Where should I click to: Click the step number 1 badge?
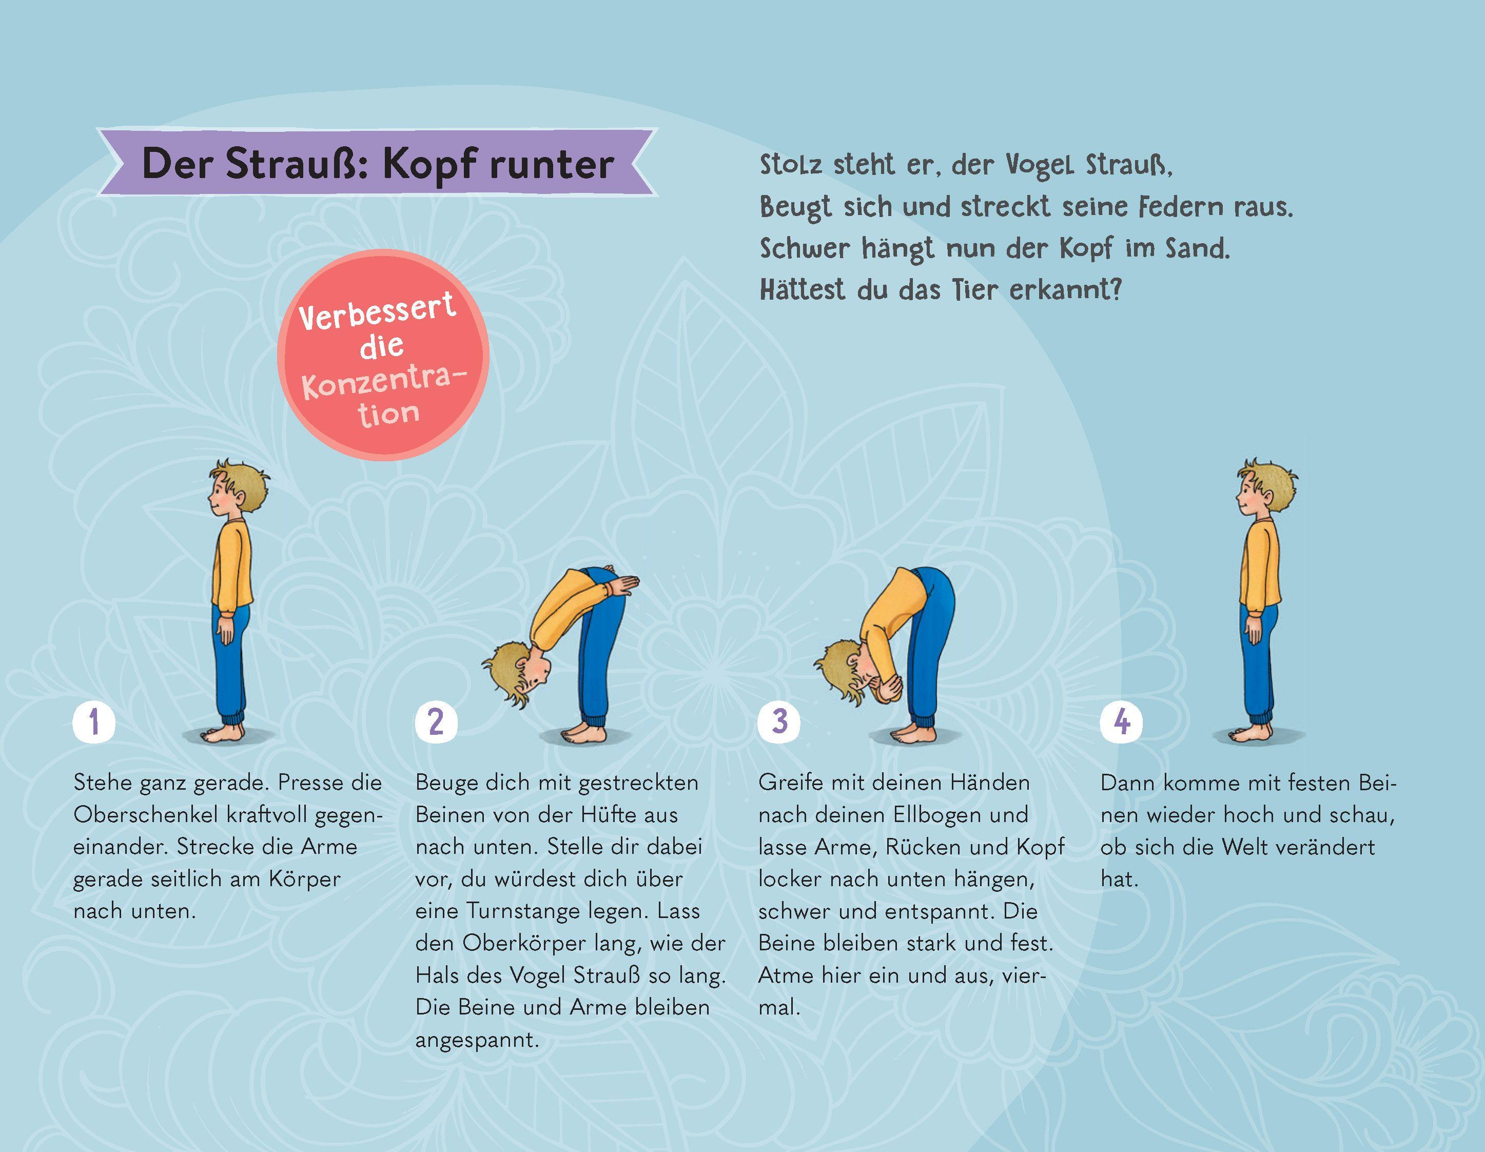94,721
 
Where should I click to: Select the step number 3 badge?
779,721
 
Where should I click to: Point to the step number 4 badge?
1122,721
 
